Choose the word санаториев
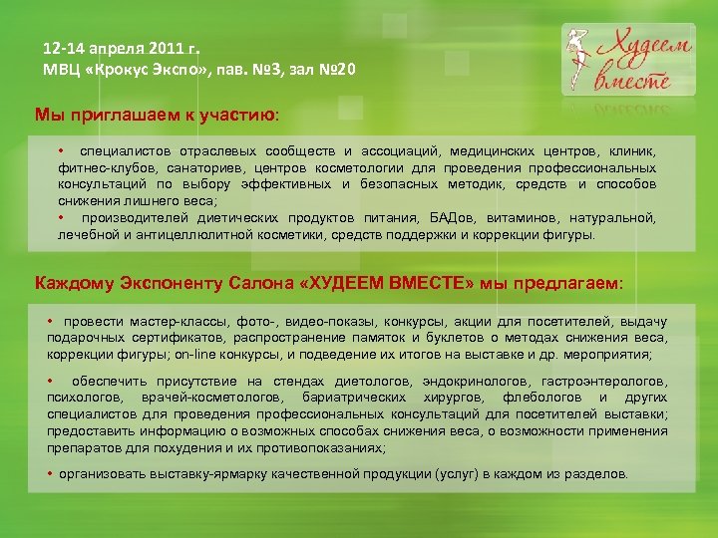(x=204, y=167)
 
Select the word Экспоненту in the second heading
(x=160, y=283)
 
